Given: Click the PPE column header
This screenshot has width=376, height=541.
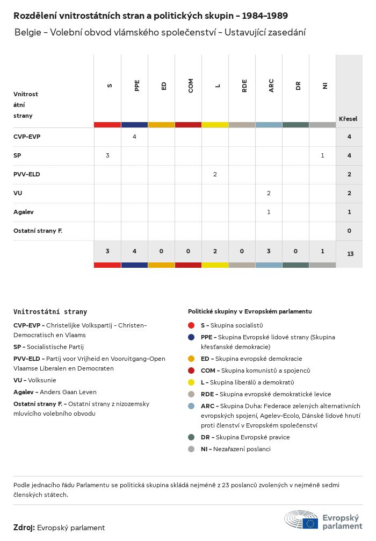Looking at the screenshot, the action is click(x=137, y=86).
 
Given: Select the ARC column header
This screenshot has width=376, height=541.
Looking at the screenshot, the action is click(x=271, y=86).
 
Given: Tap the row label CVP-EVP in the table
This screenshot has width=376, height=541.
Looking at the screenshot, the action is click(x=27, y=137).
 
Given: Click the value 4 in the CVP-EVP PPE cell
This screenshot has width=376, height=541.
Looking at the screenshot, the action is click(x=134, y=137).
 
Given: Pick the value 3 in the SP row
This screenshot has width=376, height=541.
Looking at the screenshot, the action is click(x=107, y=155).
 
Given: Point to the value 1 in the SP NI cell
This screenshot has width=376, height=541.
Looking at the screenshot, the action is click(x=323, y=155).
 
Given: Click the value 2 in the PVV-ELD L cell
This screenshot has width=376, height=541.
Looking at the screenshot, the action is click(x=215, y=174).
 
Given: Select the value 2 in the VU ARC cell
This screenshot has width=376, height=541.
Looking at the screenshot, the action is click(x=269, y=193).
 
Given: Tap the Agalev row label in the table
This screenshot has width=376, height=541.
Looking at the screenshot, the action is click(x=24, y=212).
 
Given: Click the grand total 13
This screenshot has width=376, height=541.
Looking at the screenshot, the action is click(x=350, y=254).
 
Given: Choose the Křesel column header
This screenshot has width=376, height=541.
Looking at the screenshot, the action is click(x=348, y=119).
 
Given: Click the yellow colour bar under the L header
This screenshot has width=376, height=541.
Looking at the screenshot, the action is click(x=215, y=125).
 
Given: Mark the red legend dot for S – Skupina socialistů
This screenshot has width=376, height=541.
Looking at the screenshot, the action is click(x=191, y=325).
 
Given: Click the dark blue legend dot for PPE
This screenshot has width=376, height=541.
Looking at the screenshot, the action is click(x=191, y=337).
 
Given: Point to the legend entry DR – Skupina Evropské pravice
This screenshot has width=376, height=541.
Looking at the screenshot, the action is click(x=245, y=437).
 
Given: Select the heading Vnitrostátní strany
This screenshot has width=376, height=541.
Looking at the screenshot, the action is click(x=50, y=312).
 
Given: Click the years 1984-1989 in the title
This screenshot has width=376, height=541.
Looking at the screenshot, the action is click(x=265, y=16).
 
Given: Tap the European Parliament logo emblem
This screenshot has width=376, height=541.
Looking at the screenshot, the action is click(x=301, y=520).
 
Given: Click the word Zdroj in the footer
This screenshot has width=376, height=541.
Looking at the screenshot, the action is click(x=24, y=528).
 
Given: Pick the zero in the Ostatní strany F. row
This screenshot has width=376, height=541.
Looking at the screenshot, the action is click(x=350, y=231).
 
